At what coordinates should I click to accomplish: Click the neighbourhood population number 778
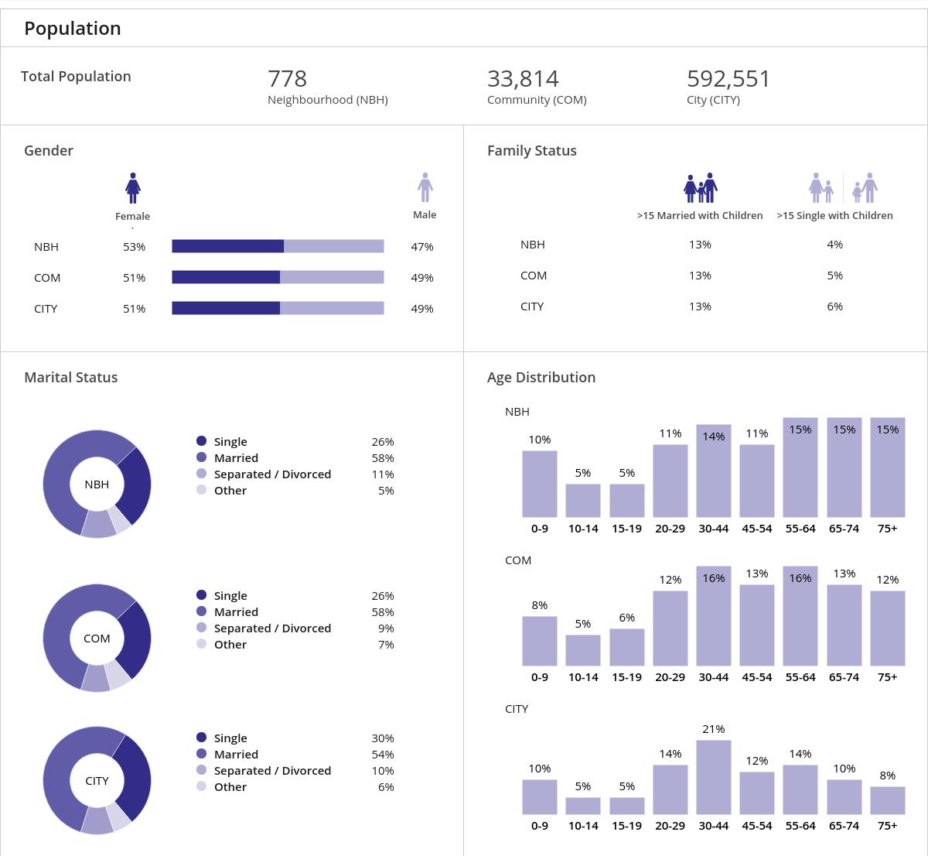(x=287, y=79)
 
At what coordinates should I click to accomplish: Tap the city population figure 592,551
(x=728, y=79)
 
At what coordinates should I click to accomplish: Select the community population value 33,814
(x=523, y=79)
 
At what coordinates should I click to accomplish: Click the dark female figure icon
(x=133, y=188)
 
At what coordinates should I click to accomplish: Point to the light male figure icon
(x=425, y=187)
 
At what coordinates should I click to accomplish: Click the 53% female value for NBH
(x=134, y=247)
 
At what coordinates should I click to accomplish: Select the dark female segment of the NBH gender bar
(x=227, y=247)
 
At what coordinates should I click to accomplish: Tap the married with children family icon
(x=701, y=188)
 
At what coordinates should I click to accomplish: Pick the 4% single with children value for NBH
(x=834, y=245)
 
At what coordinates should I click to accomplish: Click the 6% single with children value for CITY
(x=834, y=306)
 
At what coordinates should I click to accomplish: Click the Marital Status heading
(x=71, y=378)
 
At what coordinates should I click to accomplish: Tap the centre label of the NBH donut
(x=97, y=484)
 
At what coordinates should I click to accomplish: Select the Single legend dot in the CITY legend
(x=202, y=738)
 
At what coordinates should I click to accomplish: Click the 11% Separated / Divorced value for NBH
(x=383, y=474)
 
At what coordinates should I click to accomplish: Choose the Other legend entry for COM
(x=230, y=645)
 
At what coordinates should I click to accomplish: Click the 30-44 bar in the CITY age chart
(x=713, y=777)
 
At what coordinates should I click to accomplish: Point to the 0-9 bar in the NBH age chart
(x=539, y=484)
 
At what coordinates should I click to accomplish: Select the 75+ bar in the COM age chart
(x=887, y=628)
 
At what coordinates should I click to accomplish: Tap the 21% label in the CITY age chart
(x=713, y=729)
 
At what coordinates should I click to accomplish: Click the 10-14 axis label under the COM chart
(x=583, y=677)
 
